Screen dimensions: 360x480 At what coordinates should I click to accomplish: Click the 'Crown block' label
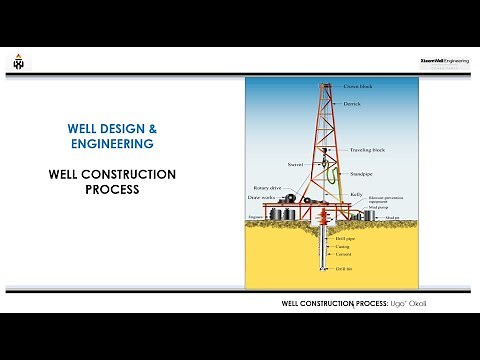pyautogui.click(x=357, y=87)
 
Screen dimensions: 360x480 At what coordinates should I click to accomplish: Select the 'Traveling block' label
pyautogui.click(x=365, y=150)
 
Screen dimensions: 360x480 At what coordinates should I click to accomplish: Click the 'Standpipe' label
pyautogui.click(x=359, y=173)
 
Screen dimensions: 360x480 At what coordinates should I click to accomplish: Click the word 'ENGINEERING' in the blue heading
pyautogui.click(x=111, y=145)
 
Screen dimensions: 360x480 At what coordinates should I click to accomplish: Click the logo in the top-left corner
pyautogui.click(x=17, y=61)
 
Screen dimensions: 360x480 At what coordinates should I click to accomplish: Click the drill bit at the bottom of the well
pyautogui.click(x=324, y=269)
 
